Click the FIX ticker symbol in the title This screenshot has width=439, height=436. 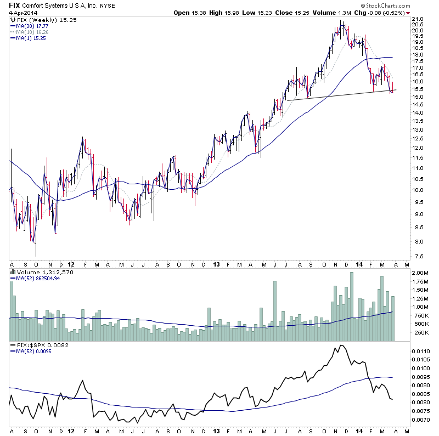(15, 4)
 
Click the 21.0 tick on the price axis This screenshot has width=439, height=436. (419, 19)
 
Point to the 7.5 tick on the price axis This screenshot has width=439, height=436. (419, 256)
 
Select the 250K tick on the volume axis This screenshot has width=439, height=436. (420, 332)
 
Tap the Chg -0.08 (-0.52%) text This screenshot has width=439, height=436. (376, 12)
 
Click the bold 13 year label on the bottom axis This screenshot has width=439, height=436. (216, 263)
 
